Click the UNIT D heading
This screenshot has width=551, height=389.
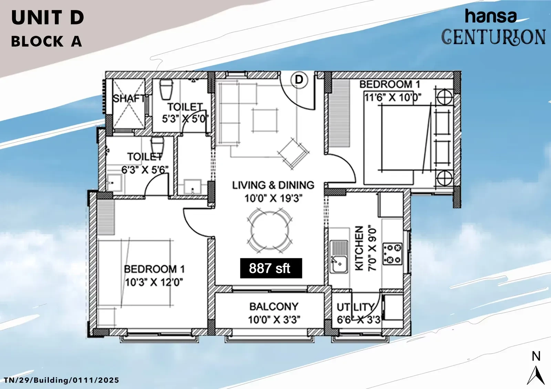click(x=48, y=18)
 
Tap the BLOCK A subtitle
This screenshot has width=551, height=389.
click(x=46, y=41)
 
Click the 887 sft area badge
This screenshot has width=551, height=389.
click(x=271, y=268)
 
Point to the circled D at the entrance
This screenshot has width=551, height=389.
click(x=299, y=80)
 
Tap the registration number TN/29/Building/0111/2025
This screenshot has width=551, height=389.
click(x=62, y=380)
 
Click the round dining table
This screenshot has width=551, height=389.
click(x=270, y=230)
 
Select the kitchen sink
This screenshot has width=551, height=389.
click(x=339, y=257)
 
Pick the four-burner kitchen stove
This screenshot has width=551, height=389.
click(x=392, y=254)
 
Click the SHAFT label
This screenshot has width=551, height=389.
click(x=129, y=99)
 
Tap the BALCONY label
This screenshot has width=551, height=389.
click(x=274, y=307)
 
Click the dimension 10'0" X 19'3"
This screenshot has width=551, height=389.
click(x=273, y=198)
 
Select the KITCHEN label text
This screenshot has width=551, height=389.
click(x=360, y=248)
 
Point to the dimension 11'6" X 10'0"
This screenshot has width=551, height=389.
click(x=393, y=98)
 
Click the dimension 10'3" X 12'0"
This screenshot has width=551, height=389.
click(x=154, y=282)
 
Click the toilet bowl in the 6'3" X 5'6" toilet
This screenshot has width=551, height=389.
click(x=157, y=145)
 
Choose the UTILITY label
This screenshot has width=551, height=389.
click(x=356, y=307)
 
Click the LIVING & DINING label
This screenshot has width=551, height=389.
click(x=273, y=185)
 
